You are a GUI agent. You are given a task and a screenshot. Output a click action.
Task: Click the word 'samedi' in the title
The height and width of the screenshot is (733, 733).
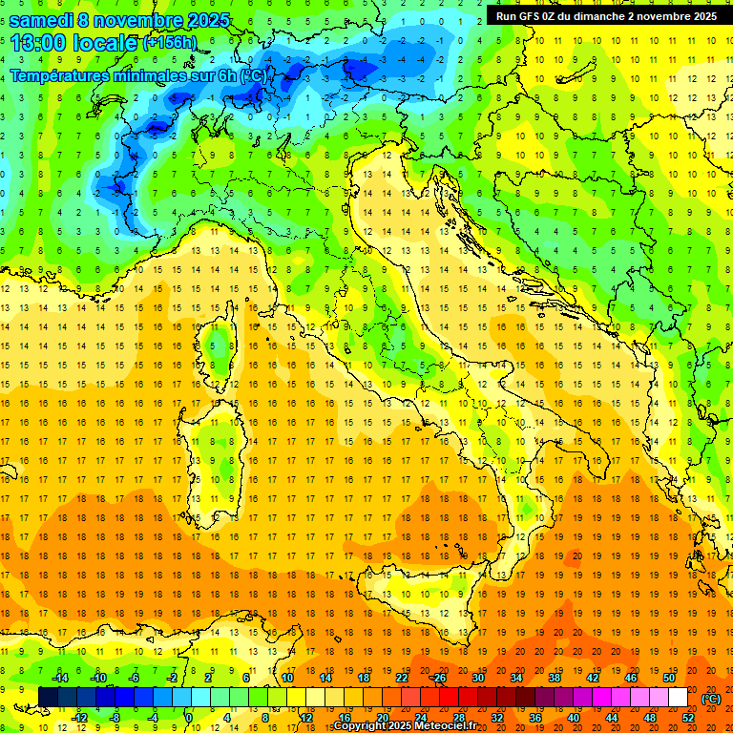point(47,20)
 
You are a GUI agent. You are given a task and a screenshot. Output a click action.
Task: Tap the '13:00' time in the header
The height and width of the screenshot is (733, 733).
point(38,43)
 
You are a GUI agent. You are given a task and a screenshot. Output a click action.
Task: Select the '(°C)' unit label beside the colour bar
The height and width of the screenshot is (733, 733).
point(711,699)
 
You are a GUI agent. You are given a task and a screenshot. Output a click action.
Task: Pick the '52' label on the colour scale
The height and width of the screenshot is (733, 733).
point(688,717)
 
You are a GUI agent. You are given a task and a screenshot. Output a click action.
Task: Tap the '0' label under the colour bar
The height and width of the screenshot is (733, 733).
point(188,717)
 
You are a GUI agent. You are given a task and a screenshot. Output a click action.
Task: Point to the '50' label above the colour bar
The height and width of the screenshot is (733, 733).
point(669,678)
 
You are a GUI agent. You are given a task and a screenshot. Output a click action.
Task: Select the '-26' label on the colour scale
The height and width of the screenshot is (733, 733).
point(438,678)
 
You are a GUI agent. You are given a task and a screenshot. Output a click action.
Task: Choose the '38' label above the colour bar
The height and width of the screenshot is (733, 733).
point(554,678)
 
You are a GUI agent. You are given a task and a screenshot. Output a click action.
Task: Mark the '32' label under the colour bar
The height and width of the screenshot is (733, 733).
point(496,717)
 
